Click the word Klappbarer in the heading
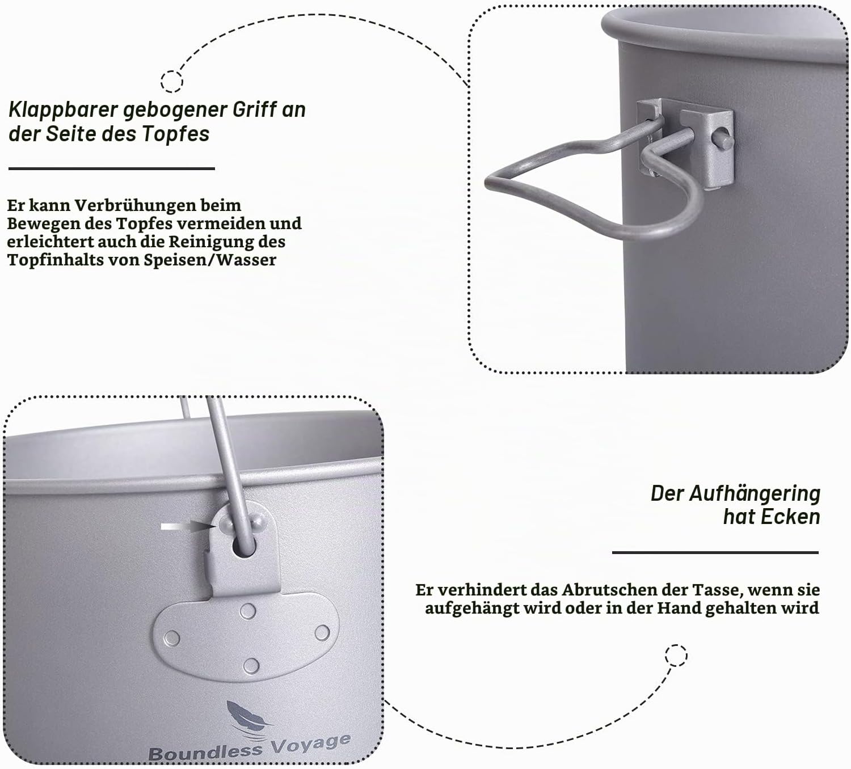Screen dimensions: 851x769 tap(63, 110)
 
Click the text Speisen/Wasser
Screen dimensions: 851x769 tap(210, 260)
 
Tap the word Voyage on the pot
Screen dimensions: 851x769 tap(311, 743)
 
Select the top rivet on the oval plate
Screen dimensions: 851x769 tap(248, 612)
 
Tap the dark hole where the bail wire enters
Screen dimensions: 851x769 tap(245, 547)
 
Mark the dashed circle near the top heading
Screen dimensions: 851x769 tap(172, 81)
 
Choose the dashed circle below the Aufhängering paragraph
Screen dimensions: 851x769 tap(676, 656)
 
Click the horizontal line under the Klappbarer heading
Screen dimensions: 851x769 tap(112, 169)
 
